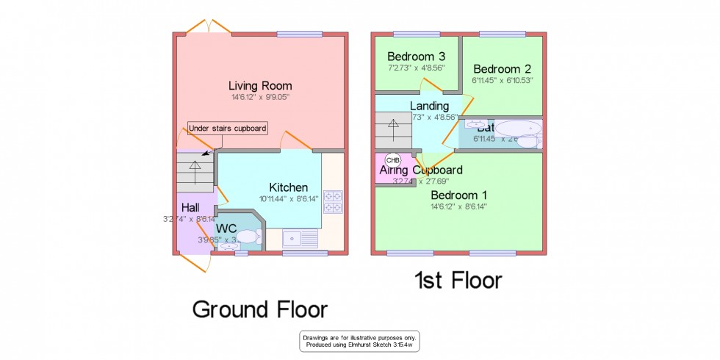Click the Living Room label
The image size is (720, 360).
(x=259, y=86)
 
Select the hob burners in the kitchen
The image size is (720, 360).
(x=333, y=202)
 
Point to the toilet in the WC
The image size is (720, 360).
(x=248, y=237)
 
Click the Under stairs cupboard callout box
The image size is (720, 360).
(x=227, y=129)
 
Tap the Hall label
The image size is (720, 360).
(x=190, y=208)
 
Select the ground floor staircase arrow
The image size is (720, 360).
(x=195, y=166)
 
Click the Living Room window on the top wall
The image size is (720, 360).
(x=294, y=33)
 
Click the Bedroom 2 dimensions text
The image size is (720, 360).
(x=503, y=80)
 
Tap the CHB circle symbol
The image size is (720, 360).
(x=393, y=159)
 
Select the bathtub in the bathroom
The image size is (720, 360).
(x=519, y=129)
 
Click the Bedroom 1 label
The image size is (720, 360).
(x=458, y=195)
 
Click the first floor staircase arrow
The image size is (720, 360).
(x=394, y=126)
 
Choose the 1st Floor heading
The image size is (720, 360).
(x=458, y=280)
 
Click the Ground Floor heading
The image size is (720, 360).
(x=259, y=309)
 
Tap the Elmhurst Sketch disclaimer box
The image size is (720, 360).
(x=359, y=341)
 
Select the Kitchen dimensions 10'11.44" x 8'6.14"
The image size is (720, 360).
(x=288, y=198)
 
